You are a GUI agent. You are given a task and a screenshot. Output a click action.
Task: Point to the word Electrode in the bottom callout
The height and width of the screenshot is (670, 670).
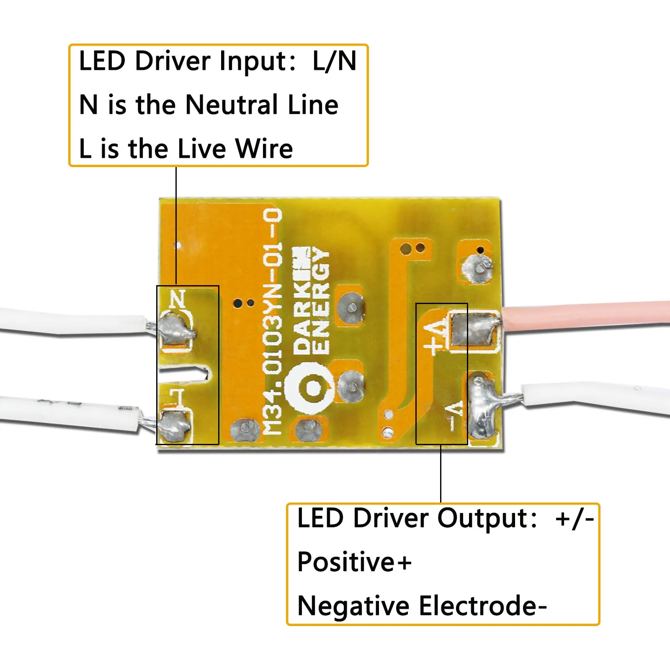(x=478, y=606)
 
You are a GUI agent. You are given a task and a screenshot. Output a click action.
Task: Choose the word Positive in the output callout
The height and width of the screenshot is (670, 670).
(x=346, y=562)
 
